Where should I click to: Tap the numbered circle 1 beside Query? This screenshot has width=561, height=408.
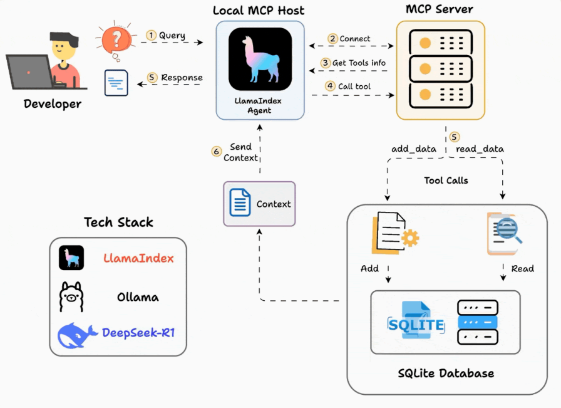(x=150, y=35)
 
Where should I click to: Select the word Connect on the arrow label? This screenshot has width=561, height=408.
(x=355, y=39)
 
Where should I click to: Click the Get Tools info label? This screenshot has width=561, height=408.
(x=358, y=63)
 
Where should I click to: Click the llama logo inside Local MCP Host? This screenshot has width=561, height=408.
(x=260, y=60)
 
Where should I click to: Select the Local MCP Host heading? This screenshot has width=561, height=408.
(x=259, y=11)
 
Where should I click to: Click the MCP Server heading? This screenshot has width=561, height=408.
(x=440, y=9)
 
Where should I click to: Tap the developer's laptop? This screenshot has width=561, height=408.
(x=29, y=72)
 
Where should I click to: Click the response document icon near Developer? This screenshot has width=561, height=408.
(x=116, y=83)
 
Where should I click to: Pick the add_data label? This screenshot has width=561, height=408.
(x=413, y=149)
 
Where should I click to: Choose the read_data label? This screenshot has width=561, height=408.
(x=480, y=149)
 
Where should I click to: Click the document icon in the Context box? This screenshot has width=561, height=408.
(x=240, y=204)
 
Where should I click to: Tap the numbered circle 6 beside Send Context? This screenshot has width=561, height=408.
(x=217, y=151)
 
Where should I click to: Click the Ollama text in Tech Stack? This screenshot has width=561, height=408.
(x=138, y=296)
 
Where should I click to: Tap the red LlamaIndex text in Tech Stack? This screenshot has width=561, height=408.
(x=138, y=258)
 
